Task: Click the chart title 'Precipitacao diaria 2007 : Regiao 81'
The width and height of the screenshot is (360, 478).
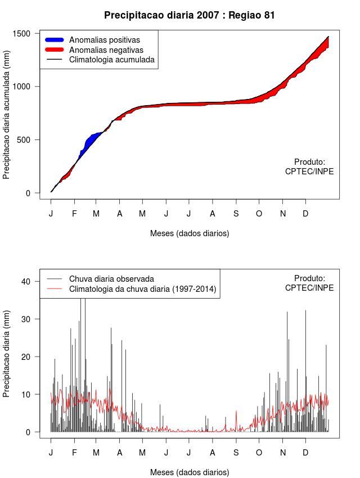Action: click(x=190, y=15)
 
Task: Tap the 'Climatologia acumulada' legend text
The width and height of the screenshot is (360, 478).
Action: click(x=111, y=59)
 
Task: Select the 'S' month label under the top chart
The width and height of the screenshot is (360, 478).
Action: click(x=236, y=214)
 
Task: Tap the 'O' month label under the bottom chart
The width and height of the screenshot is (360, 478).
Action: click(x=259, y=453)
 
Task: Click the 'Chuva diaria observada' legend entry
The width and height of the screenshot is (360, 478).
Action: click(x=111, y=278)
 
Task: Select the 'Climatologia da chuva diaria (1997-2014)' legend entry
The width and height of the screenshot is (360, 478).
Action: click(x=142, y=289)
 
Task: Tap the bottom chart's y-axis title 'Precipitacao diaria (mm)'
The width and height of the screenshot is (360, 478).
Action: click(x=7, y=352)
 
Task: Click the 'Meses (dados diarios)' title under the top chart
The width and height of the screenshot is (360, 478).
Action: click(x=190, y=233)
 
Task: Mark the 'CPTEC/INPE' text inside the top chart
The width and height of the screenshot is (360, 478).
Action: click(x=309, y=171)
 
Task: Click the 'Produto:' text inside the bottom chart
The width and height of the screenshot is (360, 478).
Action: click(x=309, y=278)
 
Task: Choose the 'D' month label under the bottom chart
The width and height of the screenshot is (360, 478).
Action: click(x=305, y=453)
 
